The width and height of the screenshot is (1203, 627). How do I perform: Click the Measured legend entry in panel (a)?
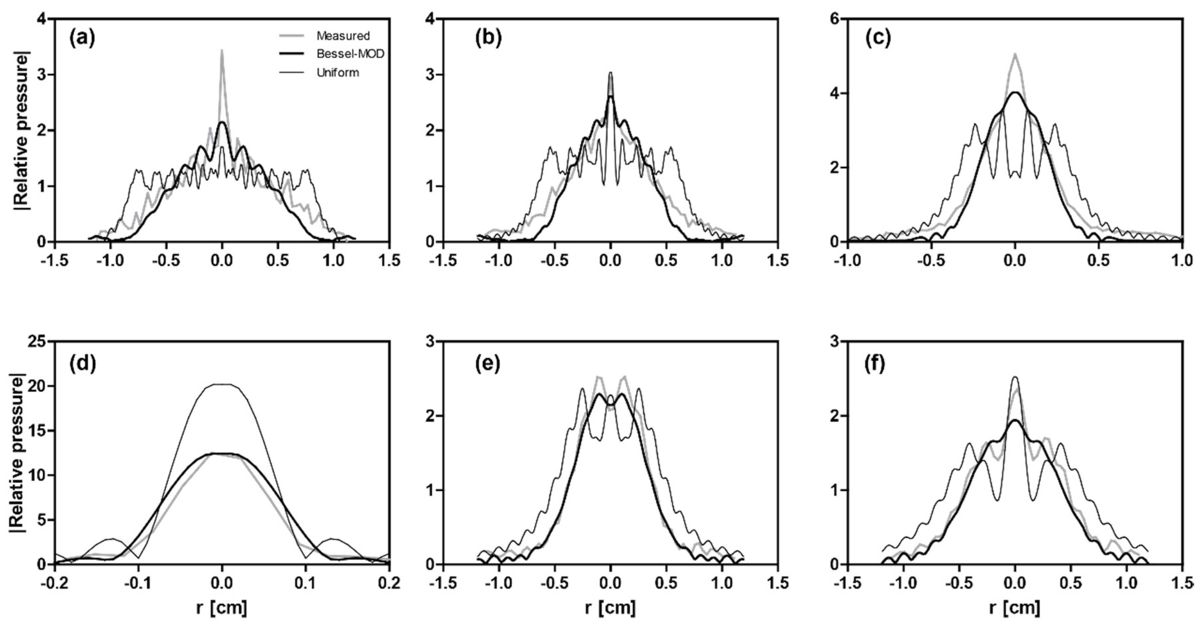click(x=342, y=36)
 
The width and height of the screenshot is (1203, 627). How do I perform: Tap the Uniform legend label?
click(x=337, y=73)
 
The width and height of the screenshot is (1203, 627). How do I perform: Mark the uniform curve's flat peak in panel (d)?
click(x=222, y=385)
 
